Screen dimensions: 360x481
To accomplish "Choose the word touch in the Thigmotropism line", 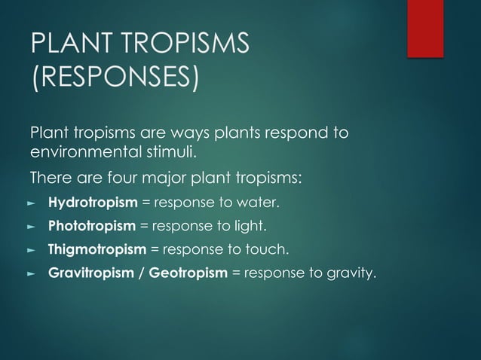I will click(x=268, y=249).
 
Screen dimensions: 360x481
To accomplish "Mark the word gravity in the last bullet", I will click(x=350, y=272).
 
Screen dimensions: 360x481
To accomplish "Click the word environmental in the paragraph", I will click(x=80, y=154).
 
